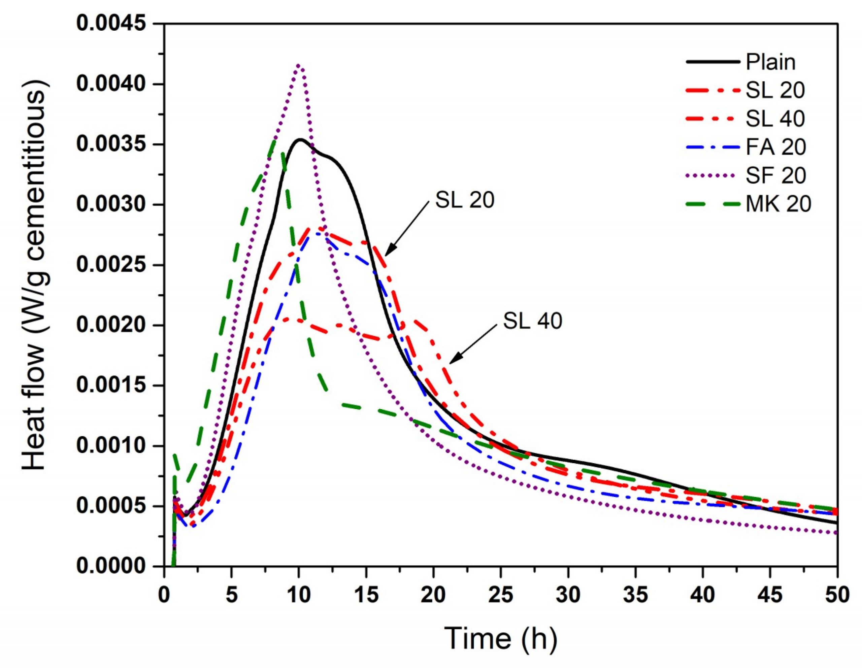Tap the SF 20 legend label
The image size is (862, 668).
pos(775,175)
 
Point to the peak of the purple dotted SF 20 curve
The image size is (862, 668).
pos(299,65)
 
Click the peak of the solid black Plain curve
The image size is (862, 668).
pos(300,139)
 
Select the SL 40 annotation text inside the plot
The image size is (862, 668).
pos(532,321)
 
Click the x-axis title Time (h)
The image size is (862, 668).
pos(500,638)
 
